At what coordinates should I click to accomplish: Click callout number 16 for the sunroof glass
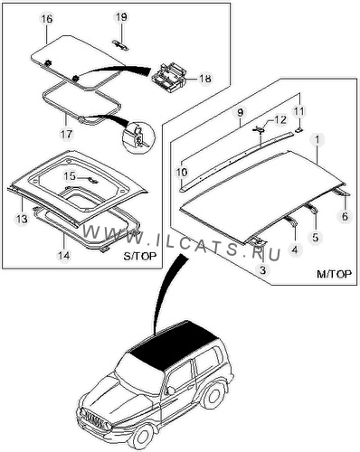point(47,19)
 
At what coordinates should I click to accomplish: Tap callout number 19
point(121,17)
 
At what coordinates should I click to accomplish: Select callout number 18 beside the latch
point(205,79)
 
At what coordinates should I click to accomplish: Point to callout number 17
point(66,134)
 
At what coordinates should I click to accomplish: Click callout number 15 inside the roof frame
point(70,176)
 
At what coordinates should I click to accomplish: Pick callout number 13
point(22,219)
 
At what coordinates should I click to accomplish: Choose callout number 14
point(64,256)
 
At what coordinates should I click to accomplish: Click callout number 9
point(240,113)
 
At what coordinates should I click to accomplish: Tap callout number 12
point(280,120)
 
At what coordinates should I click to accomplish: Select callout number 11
point(299,111)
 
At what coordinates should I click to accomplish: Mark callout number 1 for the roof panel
point(318,140)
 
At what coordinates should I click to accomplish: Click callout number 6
point(345,216)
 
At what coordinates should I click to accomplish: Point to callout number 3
point(262,270)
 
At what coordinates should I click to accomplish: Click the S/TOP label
point(140,256)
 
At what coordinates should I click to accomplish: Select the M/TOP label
point(334,274)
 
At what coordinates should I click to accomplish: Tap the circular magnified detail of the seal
point(139,137)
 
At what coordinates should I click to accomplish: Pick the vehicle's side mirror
point(170,391)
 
